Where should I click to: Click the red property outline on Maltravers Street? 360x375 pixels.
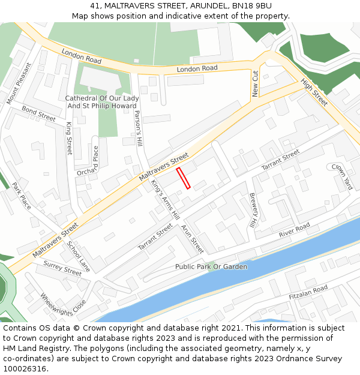click(183, 178)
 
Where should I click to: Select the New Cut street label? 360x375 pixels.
click(256, 83)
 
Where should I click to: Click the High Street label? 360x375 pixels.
click(314, 92)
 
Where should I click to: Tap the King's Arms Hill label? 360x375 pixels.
click(165, 199)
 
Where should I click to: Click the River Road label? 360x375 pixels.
click(294, 229)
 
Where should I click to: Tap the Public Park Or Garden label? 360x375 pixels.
click(211, 266)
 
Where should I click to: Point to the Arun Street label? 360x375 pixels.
click(193, 238)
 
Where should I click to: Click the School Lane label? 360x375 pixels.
click(78, 256)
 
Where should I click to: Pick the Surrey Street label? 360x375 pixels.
click(62, 268)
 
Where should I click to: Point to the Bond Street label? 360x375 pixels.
click(38, 113)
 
